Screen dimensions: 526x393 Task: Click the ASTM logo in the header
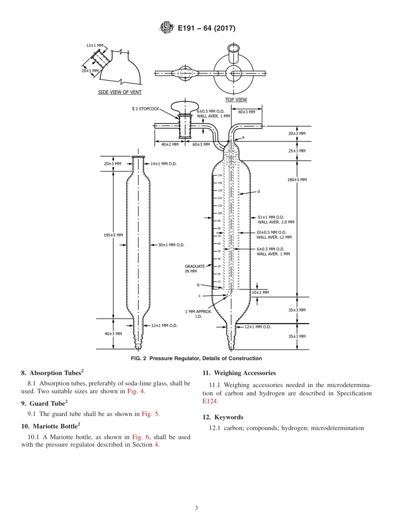(x=166, y=28)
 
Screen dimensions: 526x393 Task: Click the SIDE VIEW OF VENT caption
(x=120, y=92)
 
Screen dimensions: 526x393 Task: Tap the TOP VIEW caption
(x=236, y=100)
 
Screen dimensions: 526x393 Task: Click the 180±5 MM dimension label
(x=297, y=179)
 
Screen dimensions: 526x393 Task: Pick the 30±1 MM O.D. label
(x=171, y=245)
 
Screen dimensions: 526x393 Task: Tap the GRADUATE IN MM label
(x=194, y=269)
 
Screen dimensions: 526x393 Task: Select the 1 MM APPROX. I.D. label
(x=198, y=314)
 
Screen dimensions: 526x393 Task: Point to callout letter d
(x=258, y=191)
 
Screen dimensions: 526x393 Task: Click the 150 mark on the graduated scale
(x=220, y=175)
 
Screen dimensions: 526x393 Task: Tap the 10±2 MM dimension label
(x=261, y=292)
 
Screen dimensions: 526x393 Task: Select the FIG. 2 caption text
(x=196, y=358)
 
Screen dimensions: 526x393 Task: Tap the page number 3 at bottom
(x=196, y=508)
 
